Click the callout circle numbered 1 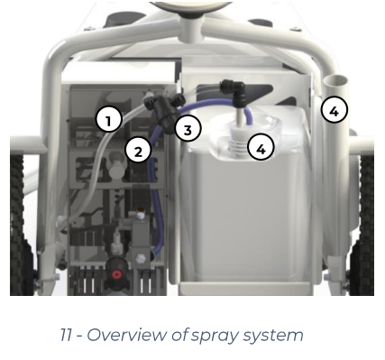point(109,119)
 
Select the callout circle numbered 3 point(188,129)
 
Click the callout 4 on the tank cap point(261,147)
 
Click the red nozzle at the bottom point(116,274)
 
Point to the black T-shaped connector point(162,111)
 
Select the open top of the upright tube point(335,81)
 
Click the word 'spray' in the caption point(215,336)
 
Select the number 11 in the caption point(66,335)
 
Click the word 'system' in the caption point(273,336)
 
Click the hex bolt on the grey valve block point(141,259)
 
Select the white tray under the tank point(246,290)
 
